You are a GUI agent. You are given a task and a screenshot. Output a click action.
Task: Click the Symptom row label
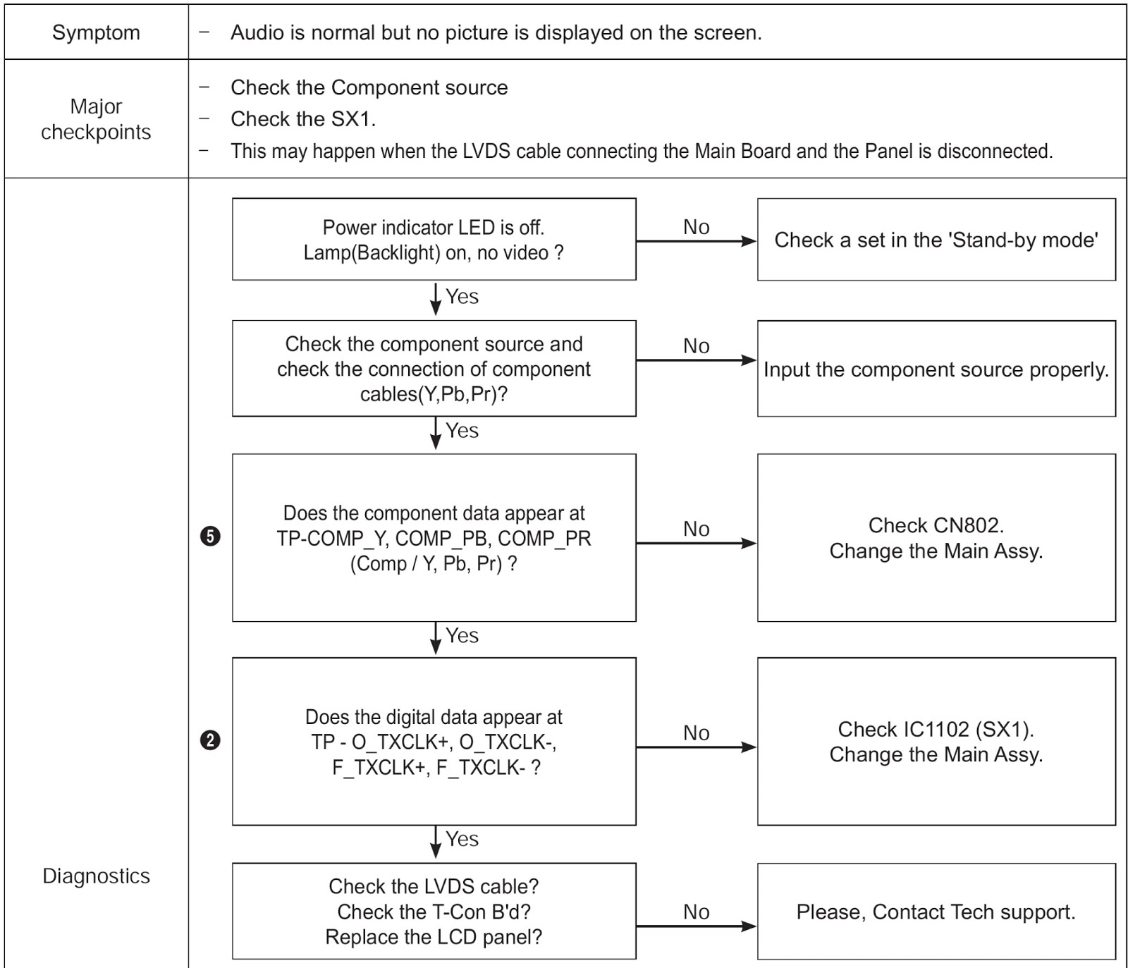(96, 32)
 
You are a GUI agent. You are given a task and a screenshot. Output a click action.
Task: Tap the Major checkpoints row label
(96, 119)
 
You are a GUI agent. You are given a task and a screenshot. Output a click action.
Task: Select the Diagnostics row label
(96, 876)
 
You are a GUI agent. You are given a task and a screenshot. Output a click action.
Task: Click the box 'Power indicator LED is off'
(434, 239)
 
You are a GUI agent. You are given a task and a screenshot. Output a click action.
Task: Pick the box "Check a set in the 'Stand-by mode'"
(936, 240)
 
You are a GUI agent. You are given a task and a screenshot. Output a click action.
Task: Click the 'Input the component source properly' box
(936, 369)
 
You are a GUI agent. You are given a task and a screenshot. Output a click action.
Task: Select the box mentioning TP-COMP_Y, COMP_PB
(434, 538)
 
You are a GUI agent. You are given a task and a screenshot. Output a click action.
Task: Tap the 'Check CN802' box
(936, 538)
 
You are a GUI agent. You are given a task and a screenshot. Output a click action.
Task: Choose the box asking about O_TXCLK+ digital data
(434, 742)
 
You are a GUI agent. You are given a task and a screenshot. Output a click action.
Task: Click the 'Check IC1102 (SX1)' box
(936, 742)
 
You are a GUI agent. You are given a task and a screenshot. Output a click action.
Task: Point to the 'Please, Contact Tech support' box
(936, 912)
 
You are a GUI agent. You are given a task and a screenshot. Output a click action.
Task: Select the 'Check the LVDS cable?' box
(434, 912)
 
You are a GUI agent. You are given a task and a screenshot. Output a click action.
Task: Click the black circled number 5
(210, 537)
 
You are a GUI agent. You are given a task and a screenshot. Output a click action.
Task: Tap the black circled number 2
(210, 740)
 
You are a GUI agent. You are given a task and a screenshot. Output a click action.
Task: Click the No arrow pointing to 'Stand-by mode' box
(697, 241)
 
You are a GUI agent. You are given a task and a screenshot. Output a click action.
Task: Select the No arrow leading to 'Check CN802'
(697, 543)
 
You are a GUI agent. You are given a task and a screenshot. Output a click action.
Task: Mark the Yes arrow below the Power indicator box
(436, 298)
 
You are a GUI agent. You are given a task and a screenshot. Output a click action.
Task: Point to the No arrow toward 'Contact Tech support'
(697, 926)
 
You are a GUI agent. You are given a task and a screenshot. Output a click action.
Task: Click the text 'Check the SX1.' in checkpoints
(303, 119)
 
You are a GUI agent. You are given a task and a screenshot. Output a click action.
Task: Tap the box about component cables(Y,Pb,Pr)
(434, 369)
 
